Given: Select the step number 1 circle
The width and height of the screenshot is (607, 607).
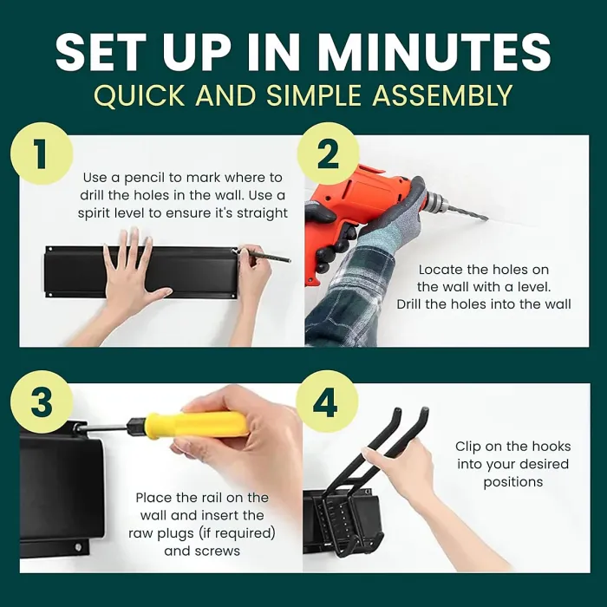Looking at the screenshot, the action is [42, 153].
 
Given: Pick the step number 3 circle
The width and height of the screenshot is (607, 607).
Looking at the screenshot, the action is [42, 401].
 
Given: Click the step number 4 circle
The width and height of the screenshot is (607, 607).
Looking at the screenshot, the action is [326, 401].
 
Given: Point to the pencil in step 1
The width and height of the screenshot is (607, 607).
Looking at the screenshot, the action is [265, 256].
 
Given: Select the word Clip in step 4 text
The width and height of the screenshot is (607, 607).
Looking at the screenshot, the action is [467, 447].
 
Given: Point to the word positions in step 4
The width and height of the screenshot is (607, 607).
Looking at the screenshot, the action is [513, 482].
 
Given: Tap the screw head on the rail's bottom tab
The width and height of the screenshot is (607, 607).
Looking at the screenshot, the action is [78, 547].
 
